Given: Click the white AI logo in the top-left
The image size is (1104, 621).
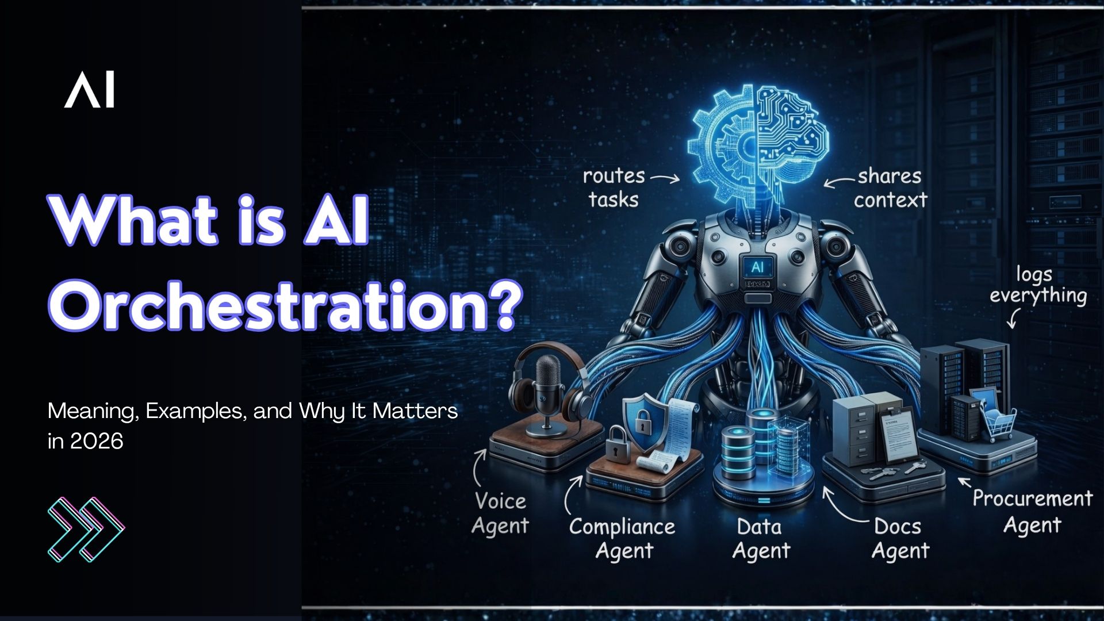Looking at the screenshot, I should tap(89, 90).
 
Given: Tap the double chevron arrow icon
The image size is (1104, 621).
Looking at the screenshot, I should tap(86, 529).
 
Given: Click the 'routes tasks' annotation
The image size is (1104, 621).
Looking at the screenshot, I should tap(614, 187).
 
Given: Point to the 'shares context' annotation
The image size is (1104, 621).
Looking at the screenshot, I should tap(890, 188).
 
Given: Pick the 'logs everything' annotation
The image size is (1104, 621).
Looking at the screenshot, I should tap(1037, 285).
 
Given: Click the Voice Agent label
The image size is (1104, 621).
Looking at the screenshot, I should tap(500, 513).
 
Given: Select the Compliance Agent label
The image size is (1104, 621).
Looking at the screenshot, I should tap(623, 538).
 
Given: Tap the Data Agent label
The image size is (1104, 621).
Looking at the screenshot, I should tap(761, 539).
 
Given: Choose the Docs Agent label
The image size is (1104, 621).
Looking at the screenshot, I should tap(899, 539).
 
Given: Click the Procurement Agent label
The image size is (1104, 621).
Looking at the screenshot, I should tap(1032, 512).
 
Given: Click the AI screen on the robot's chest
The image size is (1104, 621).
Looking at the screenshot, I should tap(757, 267).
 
